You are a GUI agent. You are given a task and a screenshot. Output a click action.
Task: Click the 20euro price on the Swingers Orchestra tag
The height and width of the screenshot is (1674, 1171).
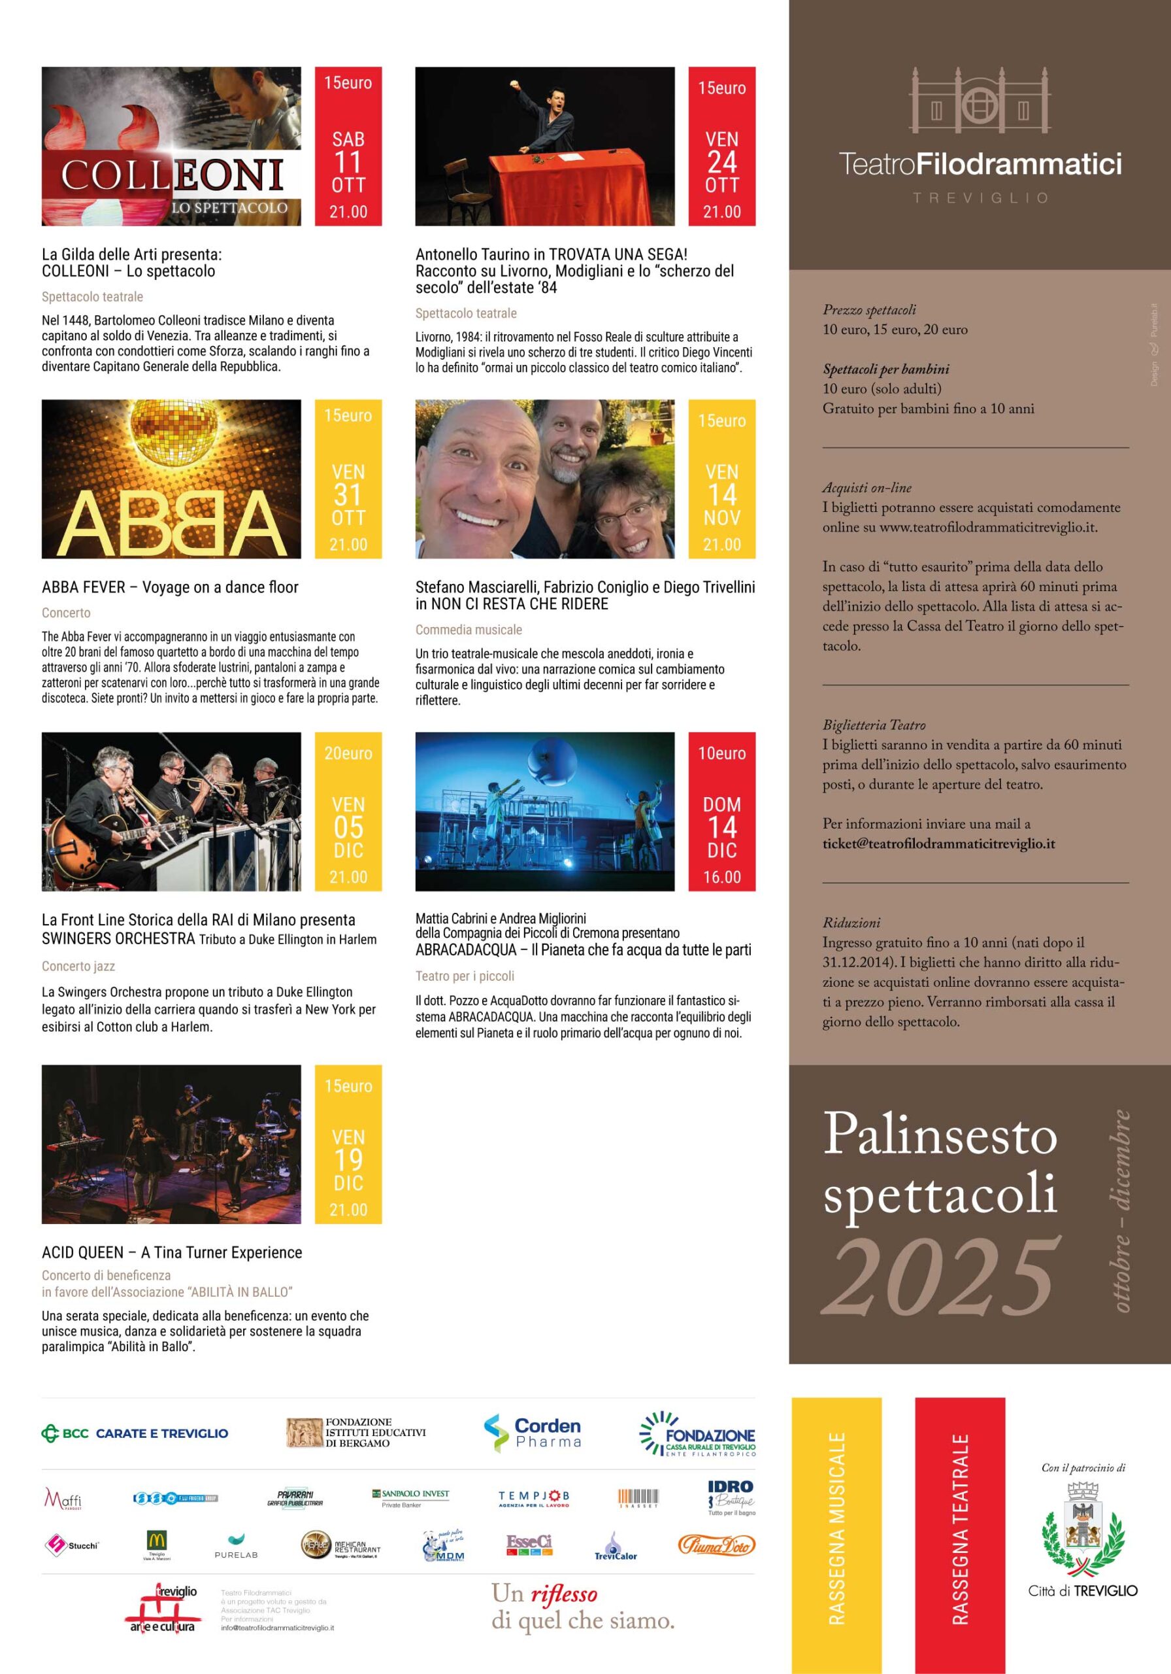tap(348, 753)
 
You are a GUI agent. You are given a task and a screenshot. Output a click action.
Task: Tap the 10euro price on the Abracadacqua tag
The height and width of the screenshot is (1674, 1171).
tap(721, 753)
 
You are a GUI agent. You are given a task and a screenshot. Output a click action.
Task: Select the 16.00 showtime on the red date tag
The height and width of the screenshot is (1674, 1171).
tap(721, 877)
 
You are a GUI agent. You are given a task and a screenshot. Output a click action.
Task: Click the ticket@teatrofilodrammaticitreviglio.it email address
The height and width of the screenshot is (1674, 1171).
tap(938, 844)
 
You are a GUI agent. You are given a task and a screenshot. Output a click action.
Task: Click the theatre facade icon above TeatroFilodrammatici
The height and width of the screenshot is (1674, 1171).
tap(980, 102)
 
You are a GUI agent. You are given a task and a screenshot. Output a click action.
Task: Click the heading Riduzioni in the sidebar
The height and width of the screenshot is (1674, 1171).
tap(841, 922)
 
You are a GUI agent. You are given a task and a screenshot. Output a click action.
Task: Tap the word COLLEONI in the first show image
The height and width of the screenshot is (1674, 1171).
tap(172, 175)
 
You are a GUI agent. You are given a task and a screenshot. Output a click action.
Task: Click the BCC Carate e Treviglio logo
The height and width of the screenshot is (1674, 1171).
tap(135, 1433)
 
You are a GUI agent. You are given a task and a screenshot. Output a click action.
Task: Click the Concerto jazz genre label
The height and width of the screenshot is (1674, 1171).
tap(78, 966)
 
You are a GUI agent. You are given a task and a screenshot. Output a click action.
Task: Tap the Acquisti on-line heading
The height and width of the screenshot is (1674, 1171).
tap(866, 488)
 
